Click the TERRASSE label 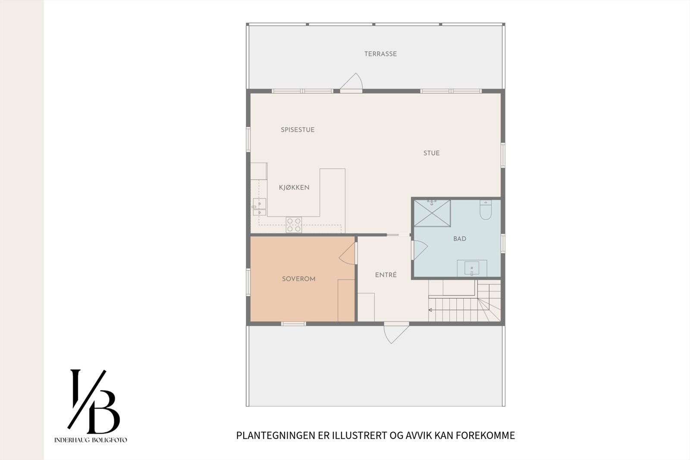coord(380,54)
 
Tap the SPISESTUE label coord(298,129)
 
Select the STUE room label coord(431,153)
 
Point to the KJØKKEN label coord(294,187)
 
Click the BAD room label coord(460,239)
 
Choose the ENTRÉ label coord(386,275)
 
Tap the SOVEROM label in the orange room coord(298,279)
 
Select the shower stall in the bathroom coord(432,213)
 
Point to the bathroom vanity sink coord(472,268)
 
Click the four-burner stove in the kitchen coord(294,225)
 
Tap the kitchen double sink coord(260,207)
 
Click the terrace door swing coord(353,82)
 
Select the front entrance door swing coord(395,333)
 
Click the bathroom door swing coord(420,249)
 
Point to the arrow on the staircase coord(430,310)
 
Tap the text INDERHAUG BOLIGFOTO coord(91,440)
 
